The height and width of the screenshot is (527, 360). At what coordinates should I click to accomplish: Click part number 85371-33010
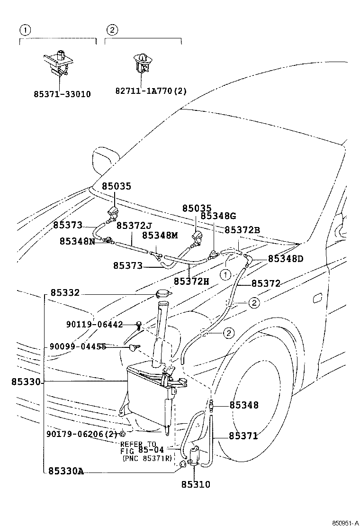[x=62, y=94]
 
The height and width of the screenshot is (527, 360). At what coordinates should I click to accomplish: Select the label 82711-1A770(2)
[x=151, y=90]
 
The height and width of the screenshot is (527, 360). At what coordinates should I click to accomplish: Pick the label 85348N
[x=77, y=241]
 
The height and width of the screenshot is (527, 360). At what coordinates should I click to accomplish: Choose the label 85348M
[x=160, y=235]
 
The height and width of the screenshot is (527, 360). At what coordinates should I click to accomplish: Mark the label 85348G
[x=218, y=216]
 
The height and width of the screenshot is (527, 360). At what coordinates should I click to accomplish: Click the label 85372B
[x=242, y=230]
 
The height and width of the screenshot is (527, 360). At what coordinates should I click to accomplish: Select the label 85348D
[x=286, y=259]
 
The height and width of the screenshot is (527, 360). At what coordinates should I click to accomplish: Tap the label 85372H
[x=191, y=281]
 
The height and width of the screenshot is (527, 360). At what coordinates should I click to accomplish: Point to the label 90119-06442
[x=94, y=325]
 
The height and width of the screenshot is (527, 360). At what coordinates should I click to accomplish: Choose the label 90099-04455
[x=78, y=347]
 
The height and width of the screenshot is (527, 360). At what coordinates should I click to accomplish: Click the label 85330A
[x=65, y=471]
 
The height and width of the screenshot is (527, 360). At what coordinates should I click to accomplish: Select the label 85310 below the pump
[x=195, y=485]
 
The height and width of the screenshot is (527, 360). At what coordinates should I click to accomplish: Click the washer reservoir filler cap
[x=162, y=293]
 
